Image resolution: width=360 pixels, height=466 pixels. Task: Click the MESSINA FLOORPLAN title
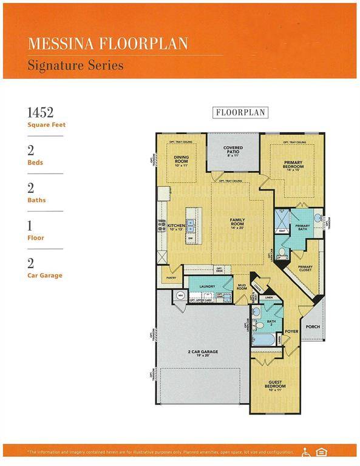point(107,43)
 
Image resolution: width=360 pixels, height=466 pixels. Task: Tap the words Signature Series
point(75,64)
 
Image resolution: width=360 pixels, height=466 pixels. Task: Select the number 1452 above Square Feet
point(41,112)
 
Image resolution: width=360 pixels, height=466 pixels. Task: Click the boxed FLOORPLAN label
point(240,112)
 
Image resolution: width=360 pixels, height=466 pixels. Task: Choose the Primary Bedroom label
point(293,164)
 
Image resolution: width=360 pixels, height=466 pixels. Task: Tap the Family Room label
point(237,223)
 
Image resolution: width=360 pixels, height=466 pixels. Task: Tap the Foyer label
point(291,332)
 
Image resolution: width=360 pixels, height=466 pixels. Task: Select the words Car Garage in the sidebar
point(44,275)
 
